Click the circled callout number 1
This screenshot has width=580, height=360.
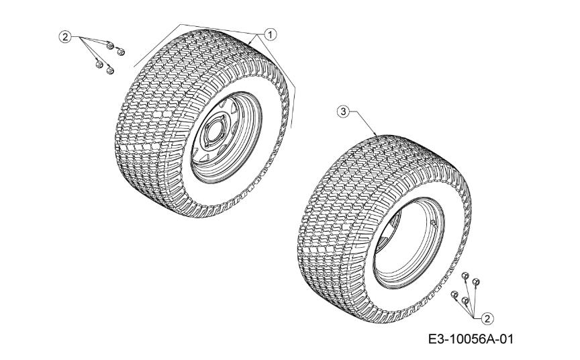[271, 34]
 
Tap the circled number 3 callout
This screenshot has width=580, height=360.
[343, 111]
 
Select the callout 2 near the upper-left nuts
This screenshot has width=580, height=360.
[65, 37]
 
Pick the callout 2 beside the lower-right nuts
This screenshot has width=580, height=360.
[487, 318]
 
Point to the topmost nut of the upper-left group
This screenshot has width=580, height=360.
[109, 45]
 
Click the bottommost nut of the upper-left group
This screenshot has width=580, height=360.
[109, 70]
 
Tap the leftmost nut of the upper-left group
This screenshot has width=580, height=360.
[99, 64]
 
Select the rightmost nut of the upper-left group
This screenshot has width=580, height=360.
[120, 52]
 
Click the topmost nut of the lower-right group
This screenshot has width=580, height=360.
[465, 275]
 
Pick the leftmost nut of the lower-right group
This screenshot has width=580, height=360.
[454, 294]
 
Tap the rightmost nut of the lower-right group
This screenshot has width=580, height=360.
[476, 282]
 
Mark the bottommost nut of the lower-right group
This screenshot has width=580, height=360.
[466, 300]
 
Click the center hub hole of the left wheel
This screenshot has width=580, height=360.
[213, 133]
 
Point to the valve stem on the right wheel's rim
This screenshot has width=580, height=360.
[432, 222]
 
